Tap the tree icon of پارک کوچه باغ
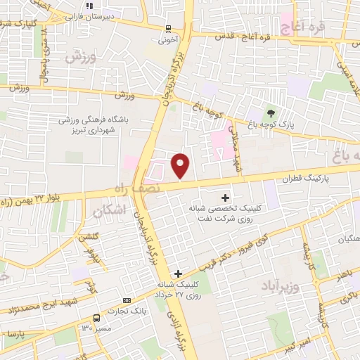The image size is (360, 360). tap(271, 114)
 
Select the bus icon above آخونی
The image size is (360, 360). tap(167, 29)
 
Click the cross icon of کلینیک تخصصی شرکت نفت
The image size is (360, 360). tap(225, 198)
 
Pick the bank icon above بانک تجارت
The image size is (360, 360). tap(127, 300)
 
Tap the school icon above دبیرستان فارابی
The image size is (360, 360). tap(89, 6)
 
